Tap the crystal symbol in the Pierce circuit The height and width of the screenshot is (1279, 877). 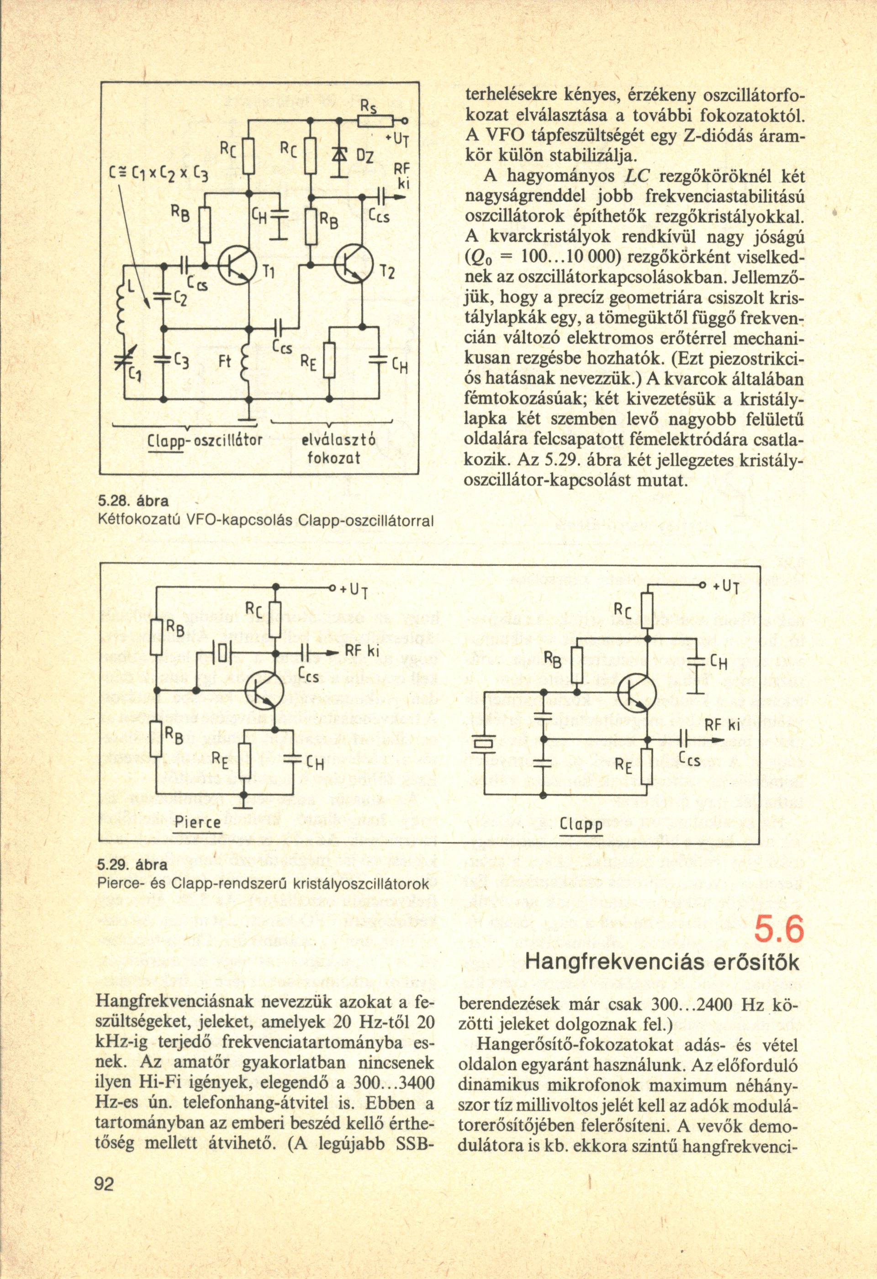pyautogui.click(x=222, y=653)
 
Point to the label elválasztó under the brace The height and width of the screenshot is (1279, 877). pyautogui.click(x=338, y=440)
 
